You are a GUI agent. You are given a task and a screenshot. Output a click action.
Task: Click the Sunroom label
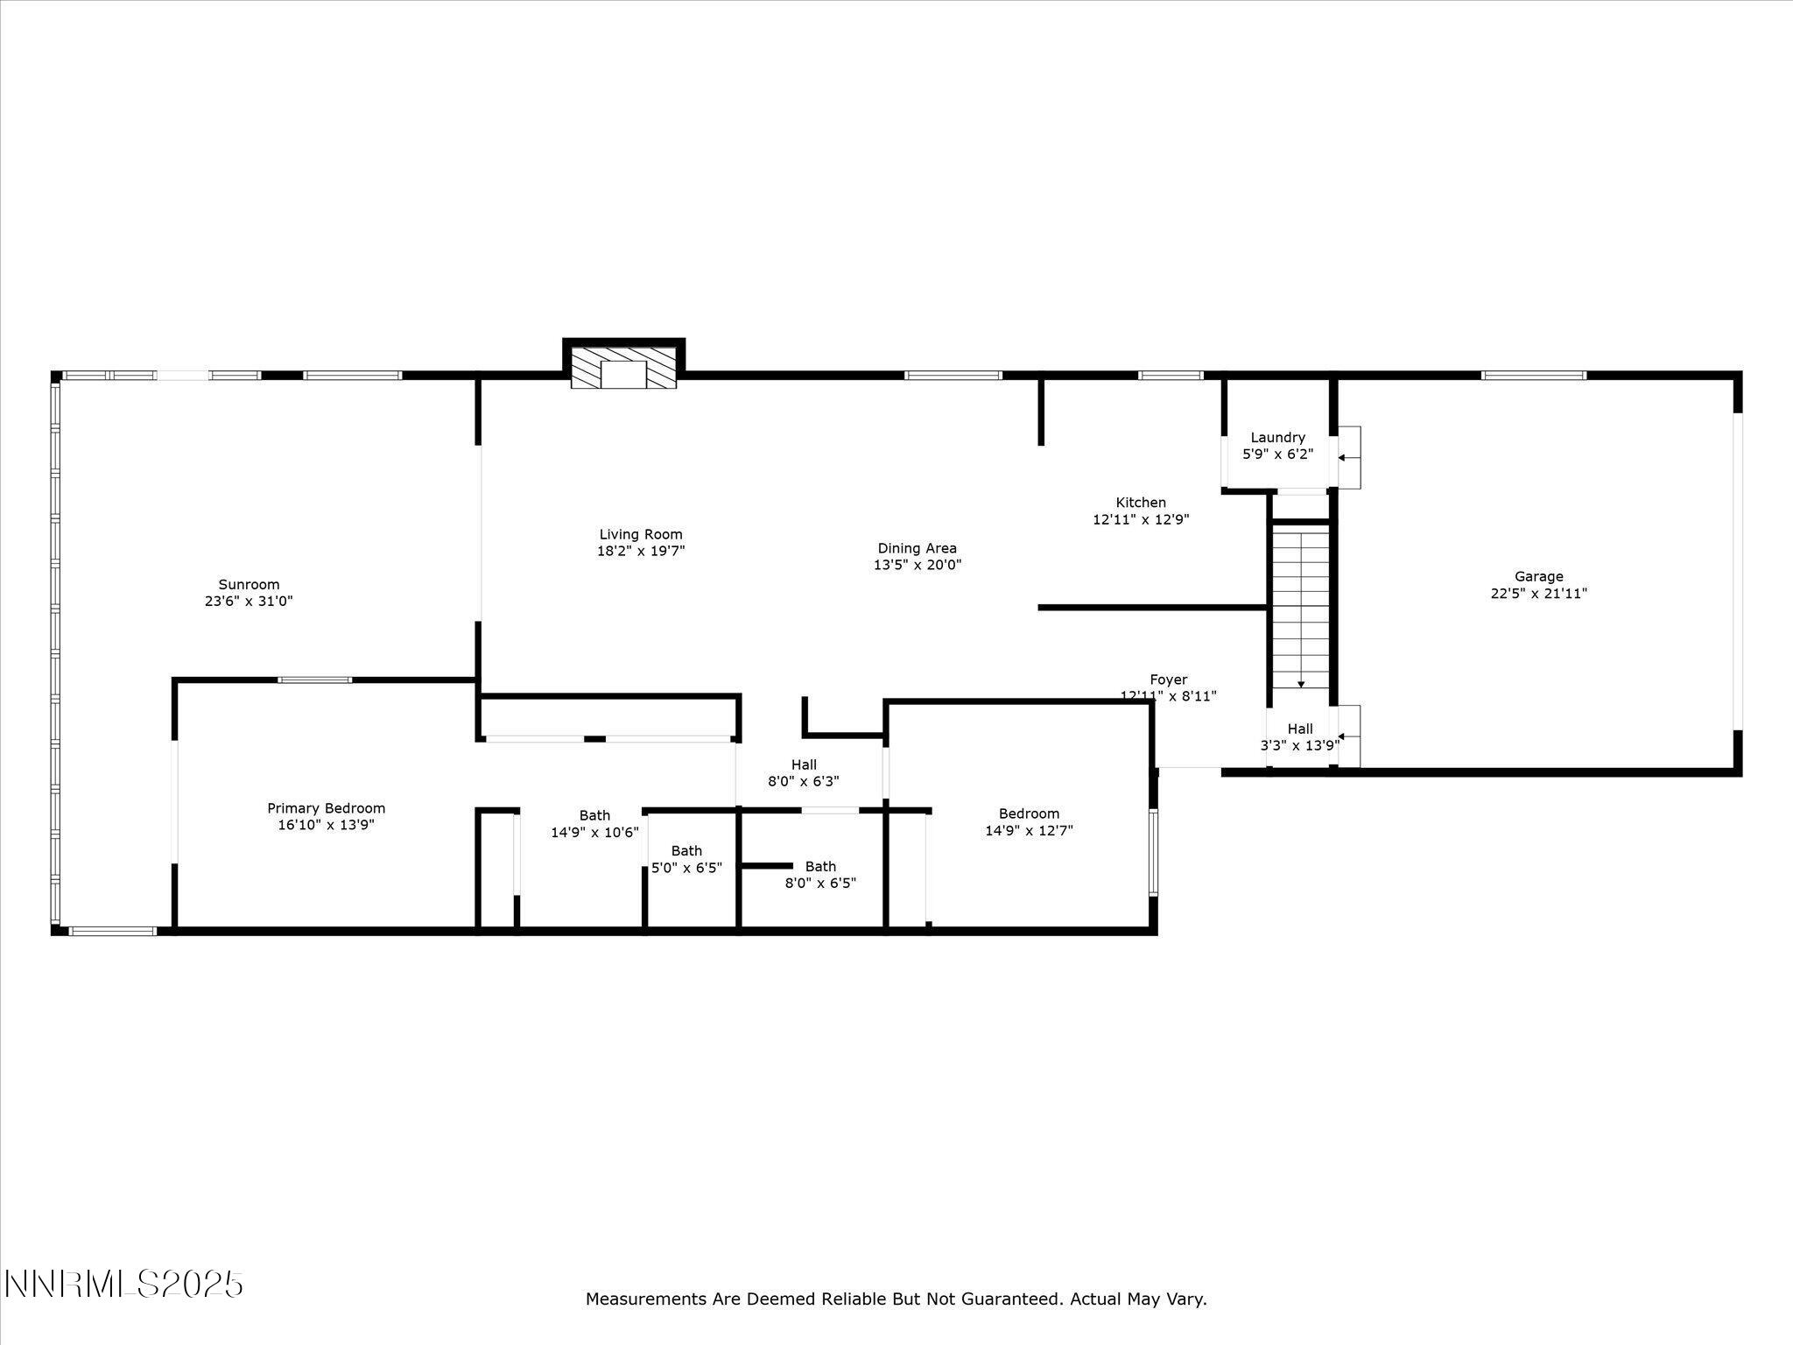pyautogui.click(x=249, y=585)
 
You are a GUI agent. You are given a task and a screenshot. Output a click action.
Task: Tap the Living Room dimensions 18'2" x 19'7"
pyautogui.click(x=640, y=551)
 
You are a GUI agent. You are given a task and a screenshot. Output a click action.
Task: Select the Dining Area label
pyautogui.click(x=917, y=549)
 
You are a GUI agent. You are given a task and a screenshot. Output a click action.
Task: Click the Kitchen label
pyautogui.click(x=1140, y=503)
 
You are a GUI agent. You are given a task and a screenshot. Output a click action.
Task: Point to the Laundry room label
pyautogui.click(x=1277, y=438)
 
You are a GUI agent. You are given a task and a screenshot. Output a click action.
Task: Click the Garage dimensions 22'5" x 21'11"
pyautogui.click(x=1538, y=594)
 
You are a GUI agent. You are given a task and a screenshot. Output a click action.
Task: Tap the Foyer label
pyautogui.click(x=1168, y=680)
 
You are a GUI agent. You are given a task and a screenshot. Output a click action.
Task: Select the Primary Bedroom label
pyautogui.click(x=326, y=808)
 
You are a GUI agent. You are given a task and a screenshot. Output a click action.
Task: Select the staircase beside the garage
pyautogui.click(x=1300, y=604)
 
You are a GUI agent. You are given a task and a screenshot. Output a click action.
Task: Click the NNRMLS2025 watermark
pyautogui.click(x=123, y=1285)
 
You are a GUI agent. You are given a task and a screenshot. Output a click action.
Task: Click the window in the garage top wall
pyautogui.click(x=1533, y=376)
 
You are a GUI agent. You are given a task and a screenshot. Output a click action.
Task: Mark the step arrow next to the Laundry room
pyautogui.click(x=1347, y=457)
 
